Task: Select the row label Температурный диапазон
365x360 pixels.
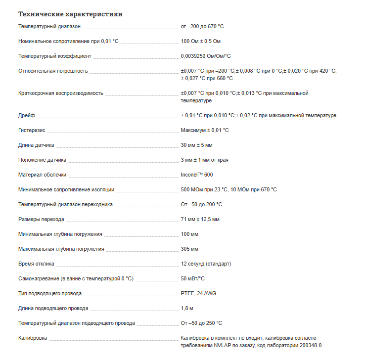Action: click(49, 26)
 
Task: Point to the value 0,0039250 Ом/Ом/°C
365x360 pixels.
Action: click(206, 56)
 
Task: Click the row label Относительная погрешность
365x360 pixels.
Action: click(53, 71)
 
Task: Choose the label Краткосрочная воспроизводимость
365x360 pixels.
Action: click(61, 93)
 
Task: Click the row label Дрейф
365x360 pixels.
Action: click(26, 115)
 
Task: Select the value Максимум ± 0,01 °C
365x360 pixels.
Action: click(205, 130)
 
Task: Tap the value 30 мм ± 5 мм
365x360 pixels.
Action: click(197, 145)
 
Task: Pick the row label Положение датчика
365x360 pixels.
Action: click(42, 160)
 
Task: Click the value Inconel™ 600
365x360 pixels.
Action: click(197, 175)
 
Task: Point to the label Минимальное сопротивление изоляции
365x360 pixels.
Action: click(66, 189)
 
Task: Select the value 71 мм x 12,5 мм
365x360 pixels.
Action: click(200, 219)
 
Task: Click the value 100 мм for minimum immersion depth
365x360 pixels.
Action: click(189, 234)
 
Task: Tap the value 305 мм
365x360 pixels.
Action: click(189, 249)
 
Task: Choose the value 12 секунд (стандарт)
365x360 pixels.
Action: click(206, 264)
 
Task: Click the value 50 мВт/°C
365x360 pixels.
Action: click(193, 278)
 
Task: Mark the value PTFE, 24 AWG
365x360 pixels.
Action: click(198, 293)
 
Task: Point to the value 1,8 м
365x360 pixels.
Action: click(187, 308)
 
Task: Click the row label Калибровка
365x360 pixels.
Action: click(33, 338)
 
